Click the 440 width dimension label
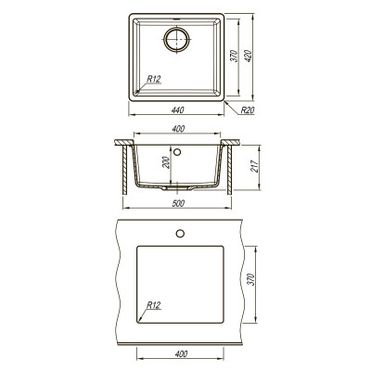click(x=177, y=109)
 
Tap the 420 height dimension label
click(x=249, y=56)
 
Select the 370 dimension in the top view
click(x=234, y=56)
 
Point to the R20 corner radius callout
click(x=248, y=109)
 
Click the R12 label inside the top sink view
click(x=154, y=79)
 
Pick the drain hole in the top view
click(x=176, y=39)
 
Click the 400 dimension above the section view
click(x=178, y=129)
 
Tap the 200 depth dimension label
click(x=166, y=162)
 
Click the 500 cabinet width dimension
click(x=178, y=203)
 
